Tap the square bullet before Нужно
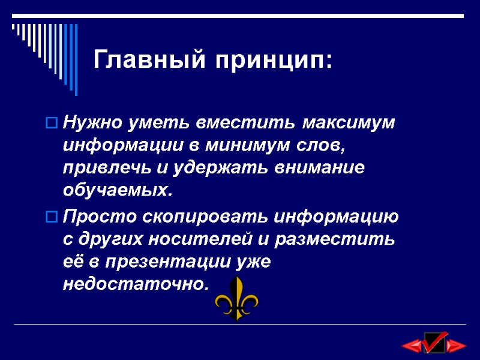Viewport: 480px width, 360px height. [52, 124]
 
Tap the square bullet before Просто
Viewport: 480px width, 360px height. [52, 216]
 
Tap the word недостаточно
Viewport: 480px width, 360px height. [137, 284]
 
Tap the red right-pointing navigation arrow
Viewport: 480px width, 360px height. [457, 345]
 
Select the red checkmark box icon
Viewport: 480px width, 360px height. [434, 342]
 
